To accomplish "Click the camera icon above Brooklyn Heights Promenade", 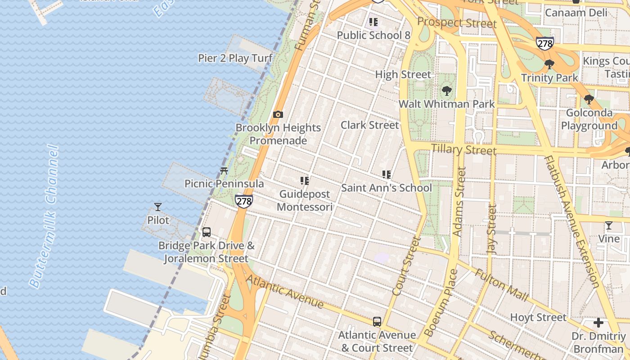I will (278, 114).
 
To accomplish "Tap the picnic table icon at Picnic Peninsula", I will (224, 171).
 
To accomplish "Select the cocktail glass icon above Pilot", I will (158, 207).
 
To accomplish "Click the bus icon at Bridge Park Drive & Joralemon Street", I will (207, 232).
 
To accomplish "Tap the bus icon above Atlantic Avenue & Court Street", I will (377, 322).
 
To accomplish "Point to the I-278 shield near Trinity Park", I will (544, 44).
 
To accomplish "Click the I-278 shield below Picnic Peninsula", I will (243, 201).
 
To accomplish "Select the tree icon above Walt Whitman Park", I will (446, 91).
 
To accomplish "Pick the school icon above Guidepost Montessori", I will (305, 181).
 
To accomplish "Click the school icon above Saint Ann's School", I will (386, 175).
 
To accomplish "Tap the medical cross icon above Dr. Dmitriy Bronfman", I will (598, 323).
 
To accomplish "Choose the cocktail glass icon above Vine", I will (609, 225).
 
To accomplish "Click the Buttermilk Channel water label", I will (44, 216).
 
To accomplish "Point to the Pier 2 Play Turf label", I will (235, 58).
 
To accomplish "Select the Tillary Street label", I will (463, 149).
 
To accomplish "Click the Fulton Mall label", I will (501, 284).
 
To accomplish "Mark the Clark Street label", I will (369, 125).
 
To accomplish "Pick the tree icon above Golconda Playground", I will (589, 99).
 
